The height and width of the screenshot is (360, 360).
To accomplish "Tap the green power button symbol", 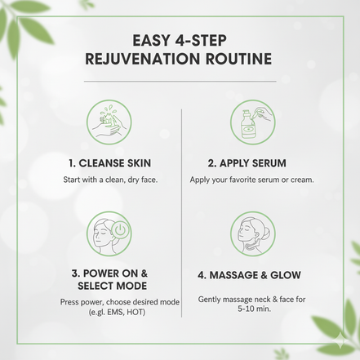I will (x=120, y=232).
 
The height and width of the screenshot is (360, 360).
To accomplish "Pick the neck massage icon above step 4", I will (x=251, y=232).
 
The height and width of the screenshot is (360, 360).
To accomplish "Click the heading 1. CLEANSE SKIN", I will (x=109, y=162).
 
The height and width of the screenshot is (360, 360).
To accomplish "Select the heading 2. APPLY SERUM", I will (x=251, y=162).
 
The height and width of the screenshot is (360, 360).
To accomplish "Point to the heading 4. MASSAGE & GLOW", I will (x=251, y=278).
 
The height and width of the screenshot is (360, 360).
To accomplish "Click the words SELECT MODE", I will (x=109, y=287).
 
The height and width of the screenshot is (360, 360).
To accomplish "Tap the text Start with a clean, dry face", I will (x=109, y=179).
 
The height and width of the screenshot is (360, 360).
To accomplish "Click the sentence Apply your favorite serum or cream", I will (x=251, y=179).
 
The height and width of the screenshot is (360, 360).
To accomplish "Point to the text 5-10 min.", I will (x=251, y=310).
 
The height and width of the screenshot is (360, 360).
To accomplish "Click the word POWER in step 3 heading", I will (x=103, y=273).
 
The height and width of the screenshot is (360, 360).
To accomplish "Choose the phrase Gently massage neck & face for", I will (x=251, y=299).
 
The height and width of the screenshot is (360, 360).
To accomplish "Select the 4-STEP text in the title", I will (x=207, y=40).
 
